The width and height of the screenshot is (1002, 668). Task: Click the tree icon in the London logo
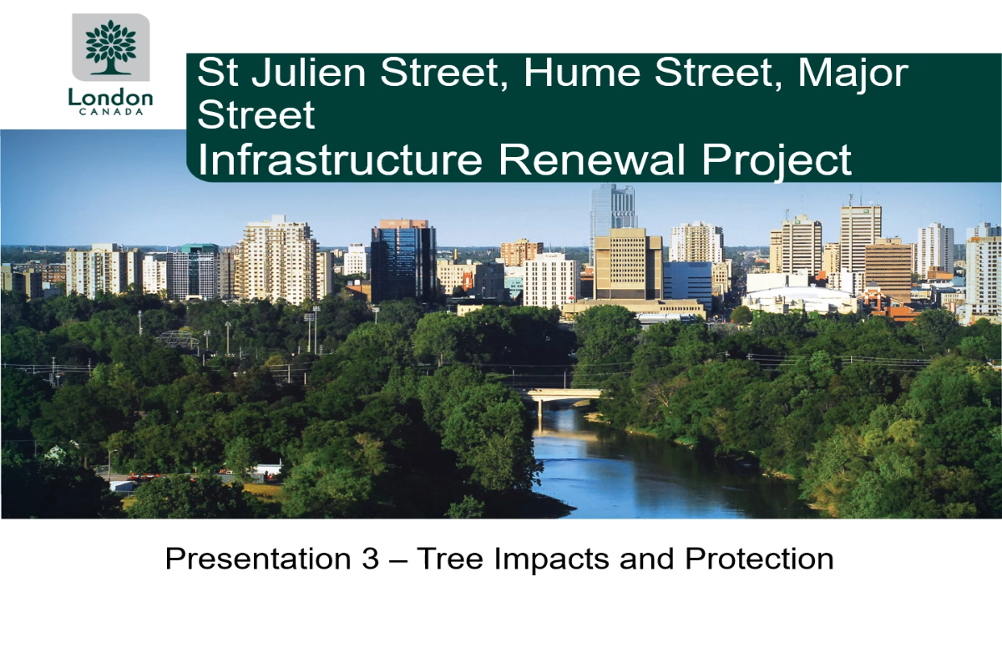click(x=110, y=47)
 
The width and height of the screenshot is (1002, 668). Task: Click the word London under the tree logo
click(x=110, y=97)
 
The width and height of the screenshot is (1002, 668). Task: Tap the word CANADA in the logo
click(x=111, y=112)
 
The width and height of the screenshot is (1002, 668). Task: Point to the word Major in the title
click(x=853, y=74)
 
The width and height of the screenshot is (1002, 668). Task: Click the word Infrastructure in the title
click(x=340, y=159)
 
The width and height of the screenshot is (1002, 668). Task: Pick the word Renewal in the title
click(x=592, y=159)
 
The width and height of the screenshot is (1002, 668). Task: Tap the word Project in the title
click(x=777, y=161)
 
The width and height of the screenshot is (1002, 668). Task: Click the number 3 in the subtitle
click(x=371, y=559)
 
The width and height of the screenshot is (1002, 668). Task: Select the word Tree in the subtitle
click(x=450, y=559)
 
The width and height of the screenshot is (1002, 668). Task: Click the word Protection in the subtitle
click(x=759, y=559)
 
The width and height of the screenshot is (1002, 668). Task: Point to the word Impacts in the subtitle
click(x=552, y=559)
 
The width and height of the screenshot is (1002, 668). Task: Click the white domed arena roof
click(x=800, y=297)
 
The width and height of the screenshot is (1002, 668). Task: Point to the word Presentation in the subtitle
click(x=258, y=559)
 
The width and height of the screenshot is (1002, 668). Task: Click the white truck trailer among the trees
click(x=267, y=470)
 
